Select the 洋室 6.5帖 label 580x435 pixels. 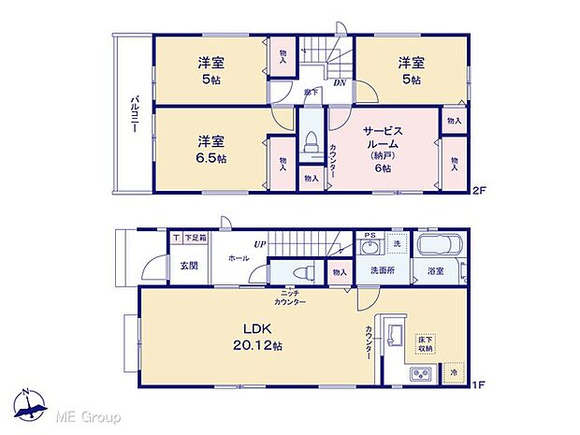(210, 150)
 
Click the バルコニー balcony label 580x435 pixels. (135, 114)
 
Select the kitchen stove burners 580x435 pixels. (418, 375)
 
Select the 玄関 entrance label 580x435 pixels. (189, 265)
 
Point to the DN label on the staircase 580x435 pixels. (342, 81)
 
